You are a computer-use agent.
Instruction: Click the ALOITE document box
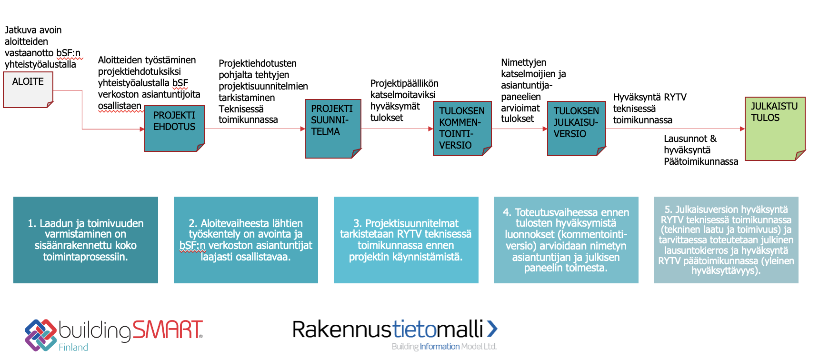tap(28, 90)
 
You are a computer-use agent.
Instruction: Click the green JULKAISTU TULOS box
tap(775, 129)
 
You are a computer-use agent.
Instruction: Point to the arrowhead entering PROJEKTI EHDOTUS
tap(142, 129)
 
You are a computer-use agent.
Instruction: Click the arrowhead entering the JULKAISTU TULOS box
tap(742, 129)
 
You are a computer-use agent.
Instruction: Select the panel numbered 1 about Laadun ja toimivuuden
tap(86, 240)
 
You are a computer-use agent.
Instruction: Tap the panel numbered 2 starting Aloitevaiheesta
tap(246, 240)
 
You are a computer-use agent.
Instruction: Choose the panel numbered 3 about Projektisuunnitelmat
tap(406, 240)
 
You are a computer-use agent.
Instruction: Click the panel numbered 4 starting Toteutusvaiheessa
tap(566, 240)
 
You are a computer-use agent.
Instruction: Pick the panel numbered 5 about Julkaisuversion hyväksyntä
tap(726, 240)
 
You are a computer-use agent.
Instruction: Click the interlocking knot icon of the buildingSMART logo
tap(40, 335)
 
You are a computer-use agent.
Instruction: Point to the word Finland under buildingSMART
tap(73, 347)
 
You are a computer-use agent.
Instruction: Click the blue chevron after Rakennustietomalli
tap(492, 329)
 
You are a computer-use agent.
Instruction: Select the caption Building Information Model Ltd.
tap(444, 347)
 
